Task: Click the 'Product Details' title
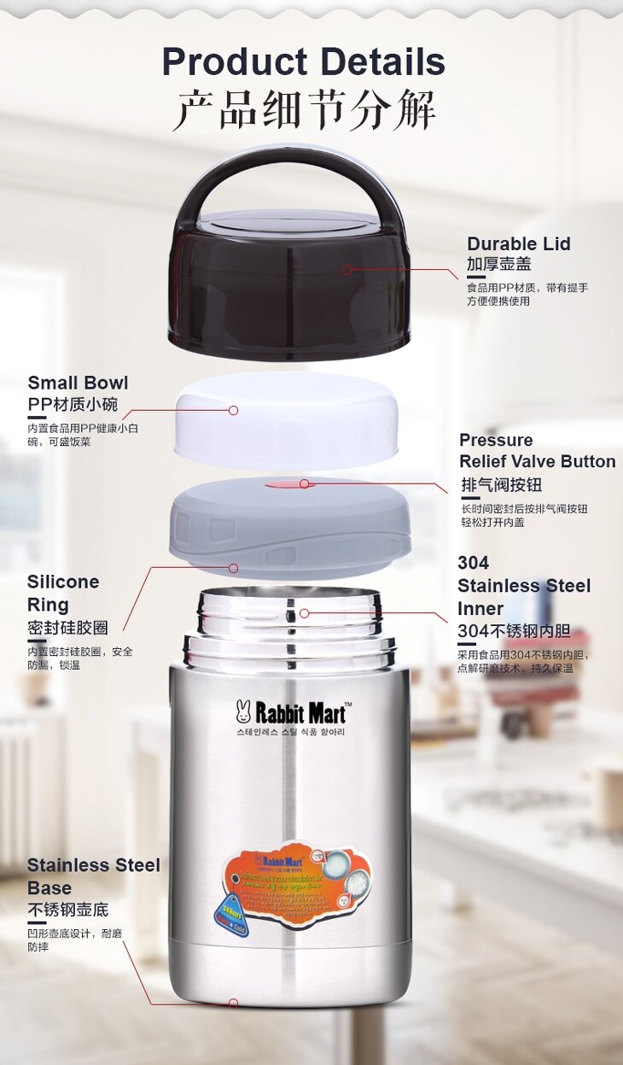coord(303,62)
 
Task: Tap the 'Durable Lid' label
coord(518,244)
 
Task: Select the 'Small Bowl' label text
coord(78,383)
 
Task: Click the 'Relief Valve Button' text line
coord(537,462)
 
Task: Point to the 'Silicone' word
coord(63,582)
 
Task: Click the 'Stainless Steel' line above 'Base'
coord(93,865)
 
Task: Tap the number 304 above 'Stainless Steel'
coord(473,563)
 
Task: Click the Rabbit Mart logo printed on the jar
coord(290,711)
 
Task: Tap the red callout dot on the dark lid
coord(346,269)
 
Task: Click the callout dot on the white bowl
coord(233,410)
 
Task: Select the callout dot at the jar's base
coord(233,1003)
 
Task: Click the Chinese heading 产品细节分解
coord(303,110)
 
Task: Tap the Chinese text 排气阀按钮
coord(501,485)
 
